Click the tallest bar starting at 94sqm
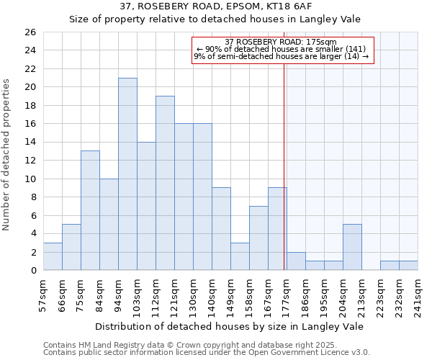(x=127, y=174)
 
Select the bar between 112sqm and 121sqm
(x=165, y=183)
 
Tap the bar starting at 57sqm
(x=53, y=256)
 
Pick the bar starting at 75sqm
(x=90, y=210)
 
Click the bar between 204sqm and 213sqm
(x=352, y=247)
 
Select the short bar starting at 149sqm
(x=240, y=256)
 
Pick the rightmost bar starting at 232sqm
(x=408, y=265)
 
